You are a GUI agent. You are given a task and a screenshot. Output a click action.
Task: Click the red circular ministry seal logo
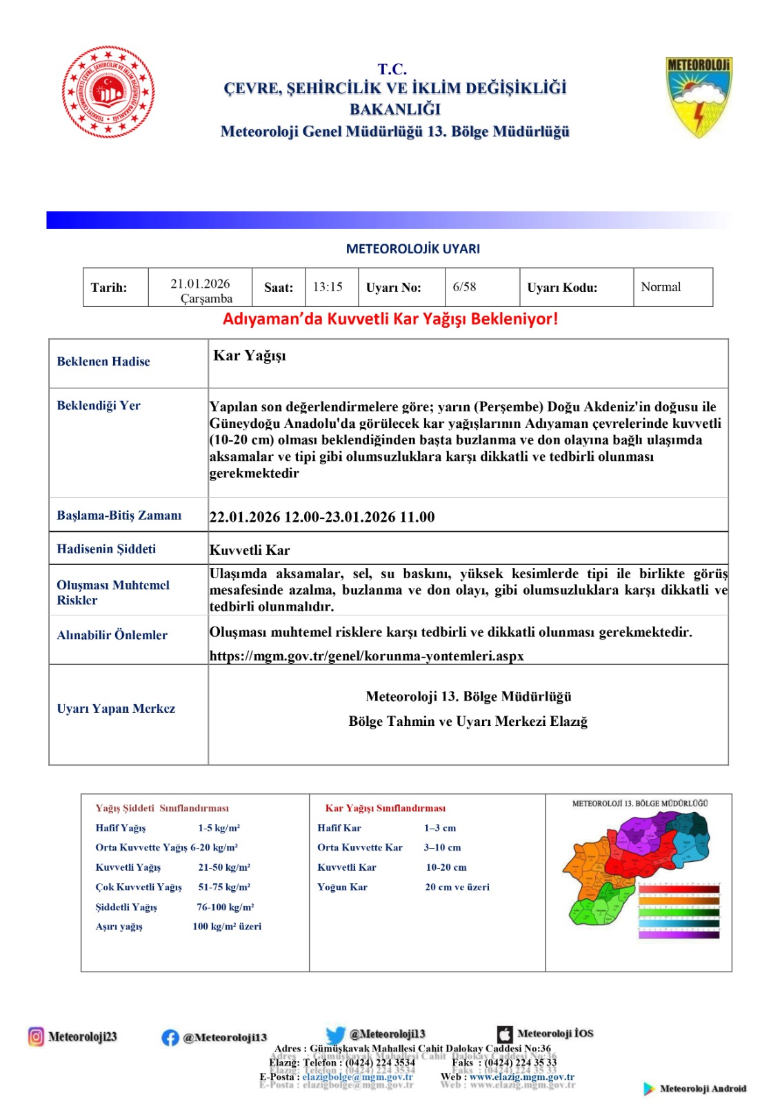(x=108, y=92)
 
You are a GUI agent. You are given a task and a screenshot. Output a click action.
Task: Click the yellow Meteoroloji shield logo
(x=698, y=97)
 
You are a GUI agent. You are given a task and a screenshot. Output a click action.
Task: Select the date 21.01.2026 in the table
(x=200, y=284)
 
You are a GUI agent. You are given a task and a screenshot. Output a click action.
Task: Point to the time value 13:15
(x=328, y=287)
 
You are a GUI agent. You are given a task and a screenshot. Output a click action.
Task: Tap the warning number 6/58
(x=464, y=287)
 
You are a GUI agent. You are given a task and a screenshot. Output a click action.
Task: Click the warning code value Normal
(x=660, y=287)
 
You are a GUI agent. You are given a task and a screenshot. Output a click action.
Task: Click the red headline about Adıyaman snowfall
(x=390, y=319)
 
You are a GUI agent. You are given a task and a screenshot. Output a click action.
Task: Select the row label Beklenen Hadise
(x=103, y=362)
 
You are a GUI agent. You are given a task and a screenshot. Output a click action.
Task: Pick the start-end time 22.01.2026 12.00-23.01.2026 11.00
(x=322, y=517)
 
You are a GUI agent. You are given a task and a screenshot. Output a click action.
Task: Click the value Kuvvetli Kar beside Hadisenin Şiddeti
(x=250, y=550)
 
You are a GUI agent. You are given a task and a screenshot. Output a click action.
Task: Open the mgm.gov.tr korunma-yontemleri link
(x=366, y=656)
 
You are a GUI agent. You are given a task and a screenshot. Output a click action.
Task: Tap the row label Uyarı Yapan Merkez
(x=116, y=709)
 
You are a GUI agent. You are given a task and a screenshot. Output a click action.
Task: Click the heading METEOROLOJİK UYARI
(x=412, y=249)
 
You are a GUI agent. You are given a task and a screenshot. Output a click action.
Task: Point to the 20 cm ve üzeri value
(x=457, y=887)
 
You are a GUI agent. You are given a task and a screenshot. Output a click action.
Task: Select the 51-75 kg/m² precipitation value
(x=224, y=887)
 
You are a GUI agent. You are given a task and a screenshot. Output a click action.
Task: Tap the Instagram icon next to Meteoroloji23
(x=36, y=1036)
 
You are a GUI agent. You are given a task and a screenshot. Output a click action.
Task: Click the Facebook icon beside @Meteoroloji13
(x=170, y=1037)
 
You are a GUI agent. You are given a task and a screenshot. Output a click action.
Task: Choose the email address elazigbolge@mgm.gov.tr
(x=357, y=1076)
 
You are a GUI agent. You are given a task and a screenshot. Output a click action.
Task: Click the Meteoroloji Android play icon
(x=649, y=1089)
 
